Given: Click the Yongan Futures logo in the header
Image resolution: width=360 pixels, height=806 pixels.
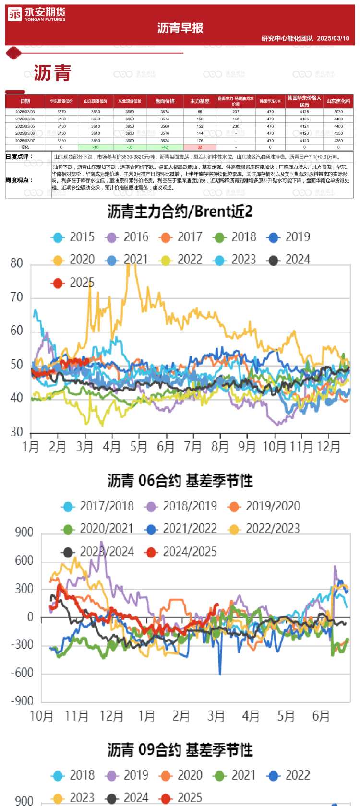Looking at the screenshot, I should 36,14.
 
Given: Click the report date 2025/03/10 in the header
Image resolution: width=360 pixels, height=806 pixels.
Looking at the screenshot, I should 333,38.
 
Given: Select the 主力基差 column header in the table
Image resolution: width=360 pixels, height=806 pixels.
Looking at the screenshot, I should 200,101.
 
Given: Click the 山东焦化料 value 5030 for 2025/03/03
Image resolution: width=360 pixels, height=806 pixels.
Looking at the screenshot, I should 338,112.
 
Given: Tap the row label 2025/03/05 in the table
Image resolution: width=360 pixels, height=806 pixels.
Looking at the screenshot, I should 25,126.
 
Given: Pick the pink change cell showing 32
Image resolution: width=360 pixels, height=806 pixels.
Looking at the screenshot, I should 200,147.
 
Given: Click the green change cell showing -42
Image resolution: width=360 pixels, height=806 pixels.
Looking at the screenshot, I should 165,147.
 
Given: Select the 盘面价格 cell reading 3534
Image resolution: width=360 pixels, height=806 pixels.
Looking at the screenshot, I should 165,141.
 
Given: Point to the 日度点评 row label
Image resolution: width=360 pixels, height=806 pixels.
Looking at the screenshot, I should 19,157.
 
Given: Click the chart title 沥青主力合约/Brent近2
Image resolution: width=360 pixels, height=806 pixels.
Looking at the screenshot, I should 180,212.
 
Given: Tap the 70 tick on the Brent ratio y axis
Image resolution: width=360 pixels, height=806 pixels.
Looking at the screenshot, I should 17,297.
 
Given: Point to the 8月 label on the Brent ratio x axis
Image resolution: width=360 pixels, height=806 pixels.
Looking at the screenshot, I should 220,447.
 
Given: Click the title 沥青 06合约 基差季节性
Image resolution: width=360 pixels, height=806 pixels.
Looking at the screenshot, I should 180,481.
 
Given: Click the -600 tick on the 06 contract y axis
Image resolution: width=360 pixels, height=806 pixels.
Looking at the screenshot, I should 23,673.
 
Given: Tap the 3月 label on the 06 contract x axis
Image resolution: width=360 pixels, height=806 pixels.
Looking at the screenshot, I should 216,716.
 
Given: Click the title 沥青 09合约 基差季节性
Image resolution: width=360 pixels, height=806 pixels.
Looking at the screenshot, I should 180,749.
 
